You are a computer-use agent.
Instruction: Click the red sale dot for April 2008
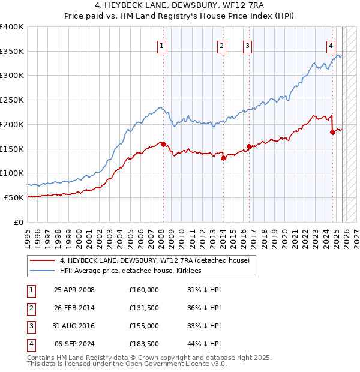[x=163, y=144]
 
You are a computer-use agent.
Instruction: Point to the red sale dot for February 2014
[x=223, y=158]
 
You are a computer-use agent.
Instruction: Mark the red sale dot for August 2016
[x=249, y=146]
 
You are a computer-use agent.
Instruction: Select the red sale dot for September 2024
[x=332, y=133]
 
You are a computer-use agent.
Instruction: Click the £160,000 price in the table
[x=144, y=290]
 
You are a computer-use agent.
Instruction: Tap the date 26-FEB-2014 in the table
[x=74, y=308]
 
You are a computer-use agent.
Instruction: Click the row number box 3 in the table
[x=31, y=326]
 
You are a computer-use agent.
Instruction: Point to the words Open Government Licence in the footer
[x=171, y=364]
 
